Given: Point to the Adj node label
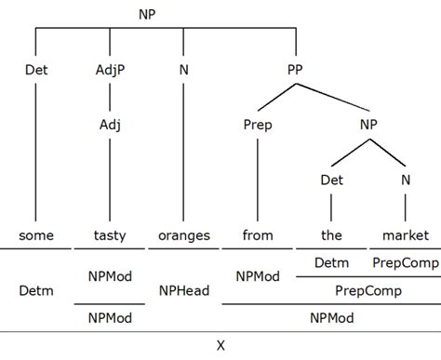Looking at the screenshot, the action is [x=110, y=124].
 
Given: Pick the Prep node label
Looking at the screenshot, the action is [x=258, y=124].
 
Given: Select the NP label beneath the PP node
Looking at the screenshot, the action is [x=369, y=124].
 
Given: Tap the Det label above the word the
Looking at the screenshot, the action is [x=332, y=179].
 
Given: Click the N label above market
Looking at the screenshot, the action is [x=407, y=179].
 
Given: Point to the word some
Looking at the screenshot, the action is [x=35, y=235].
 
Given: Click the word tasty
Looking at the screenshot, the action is [x=110, y=235].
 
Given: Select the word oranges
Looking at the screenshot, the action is [x=184, y=235].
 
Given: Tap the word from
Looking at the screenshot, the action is [x=258, y=235].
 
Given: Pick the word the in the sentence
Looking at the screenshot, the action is [x=332, y=235].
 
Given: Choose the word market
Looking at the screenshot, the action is [x=407, y=235].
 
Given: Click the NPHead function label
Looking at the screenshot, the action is [x=184, y=290].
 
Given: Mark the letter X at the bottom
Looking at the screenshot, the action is [x=220, y=345].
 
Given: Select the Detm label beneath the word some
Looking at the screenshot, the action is [x=35, y=290].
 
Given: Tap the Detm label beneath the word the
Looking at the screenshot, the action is [x=332, y=263].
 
